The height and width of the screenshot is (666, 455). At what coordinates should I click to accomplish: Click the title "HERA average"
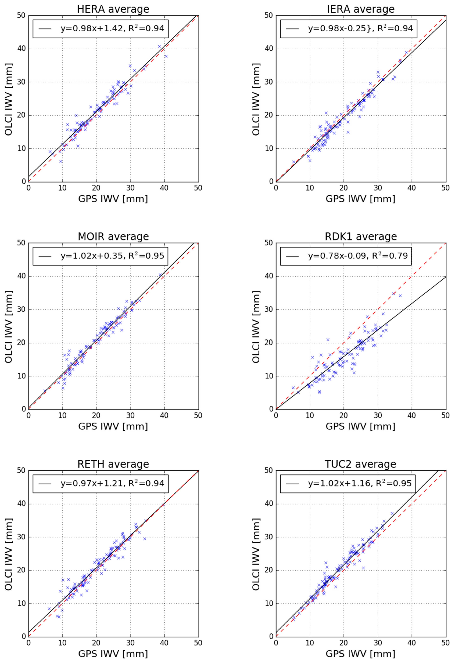click(113, 9)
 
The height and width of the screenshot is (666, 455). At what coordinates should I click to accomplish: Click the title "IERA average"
click(361, 9)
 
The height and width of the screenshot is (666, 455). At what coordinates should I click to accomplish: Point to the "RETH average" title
click(113, 464)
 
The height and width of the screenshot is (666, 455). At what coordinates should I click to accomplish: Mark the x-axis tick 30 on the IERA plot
click(378, 188)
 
